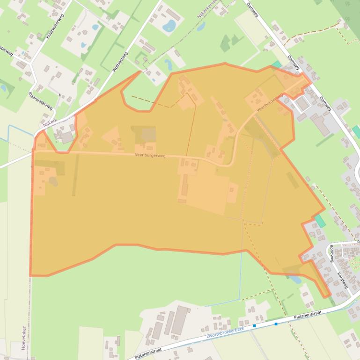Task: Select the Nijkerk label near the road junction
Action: coord(49,123)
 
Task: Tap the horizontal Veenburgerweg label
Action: coord(150,155)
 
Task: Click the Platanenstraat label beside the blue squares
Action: coord(308,317)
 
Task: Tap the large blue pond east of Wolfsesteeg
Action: coord(169,25)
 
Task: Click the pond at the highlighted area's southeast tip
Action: coord(295,280)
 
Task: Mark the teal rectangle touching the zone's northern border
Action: coord(277,65)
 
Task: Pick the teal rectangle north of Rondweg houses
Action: coord(320,221)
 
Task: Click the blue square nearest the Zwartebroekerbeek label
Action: coord(254,325)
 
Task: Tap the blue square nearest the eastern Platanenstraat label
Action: coord(276,324)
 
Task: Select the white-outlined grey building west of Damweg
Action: coord(302,104)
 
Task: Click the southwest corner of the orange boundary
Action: coord(31,275)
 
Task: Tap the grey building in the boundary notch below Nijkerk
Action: coord(66,137)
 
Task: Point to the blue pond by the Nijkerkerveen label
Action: coord(201,27)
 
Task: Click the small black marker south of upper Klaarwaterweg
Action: coord(60,95)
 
